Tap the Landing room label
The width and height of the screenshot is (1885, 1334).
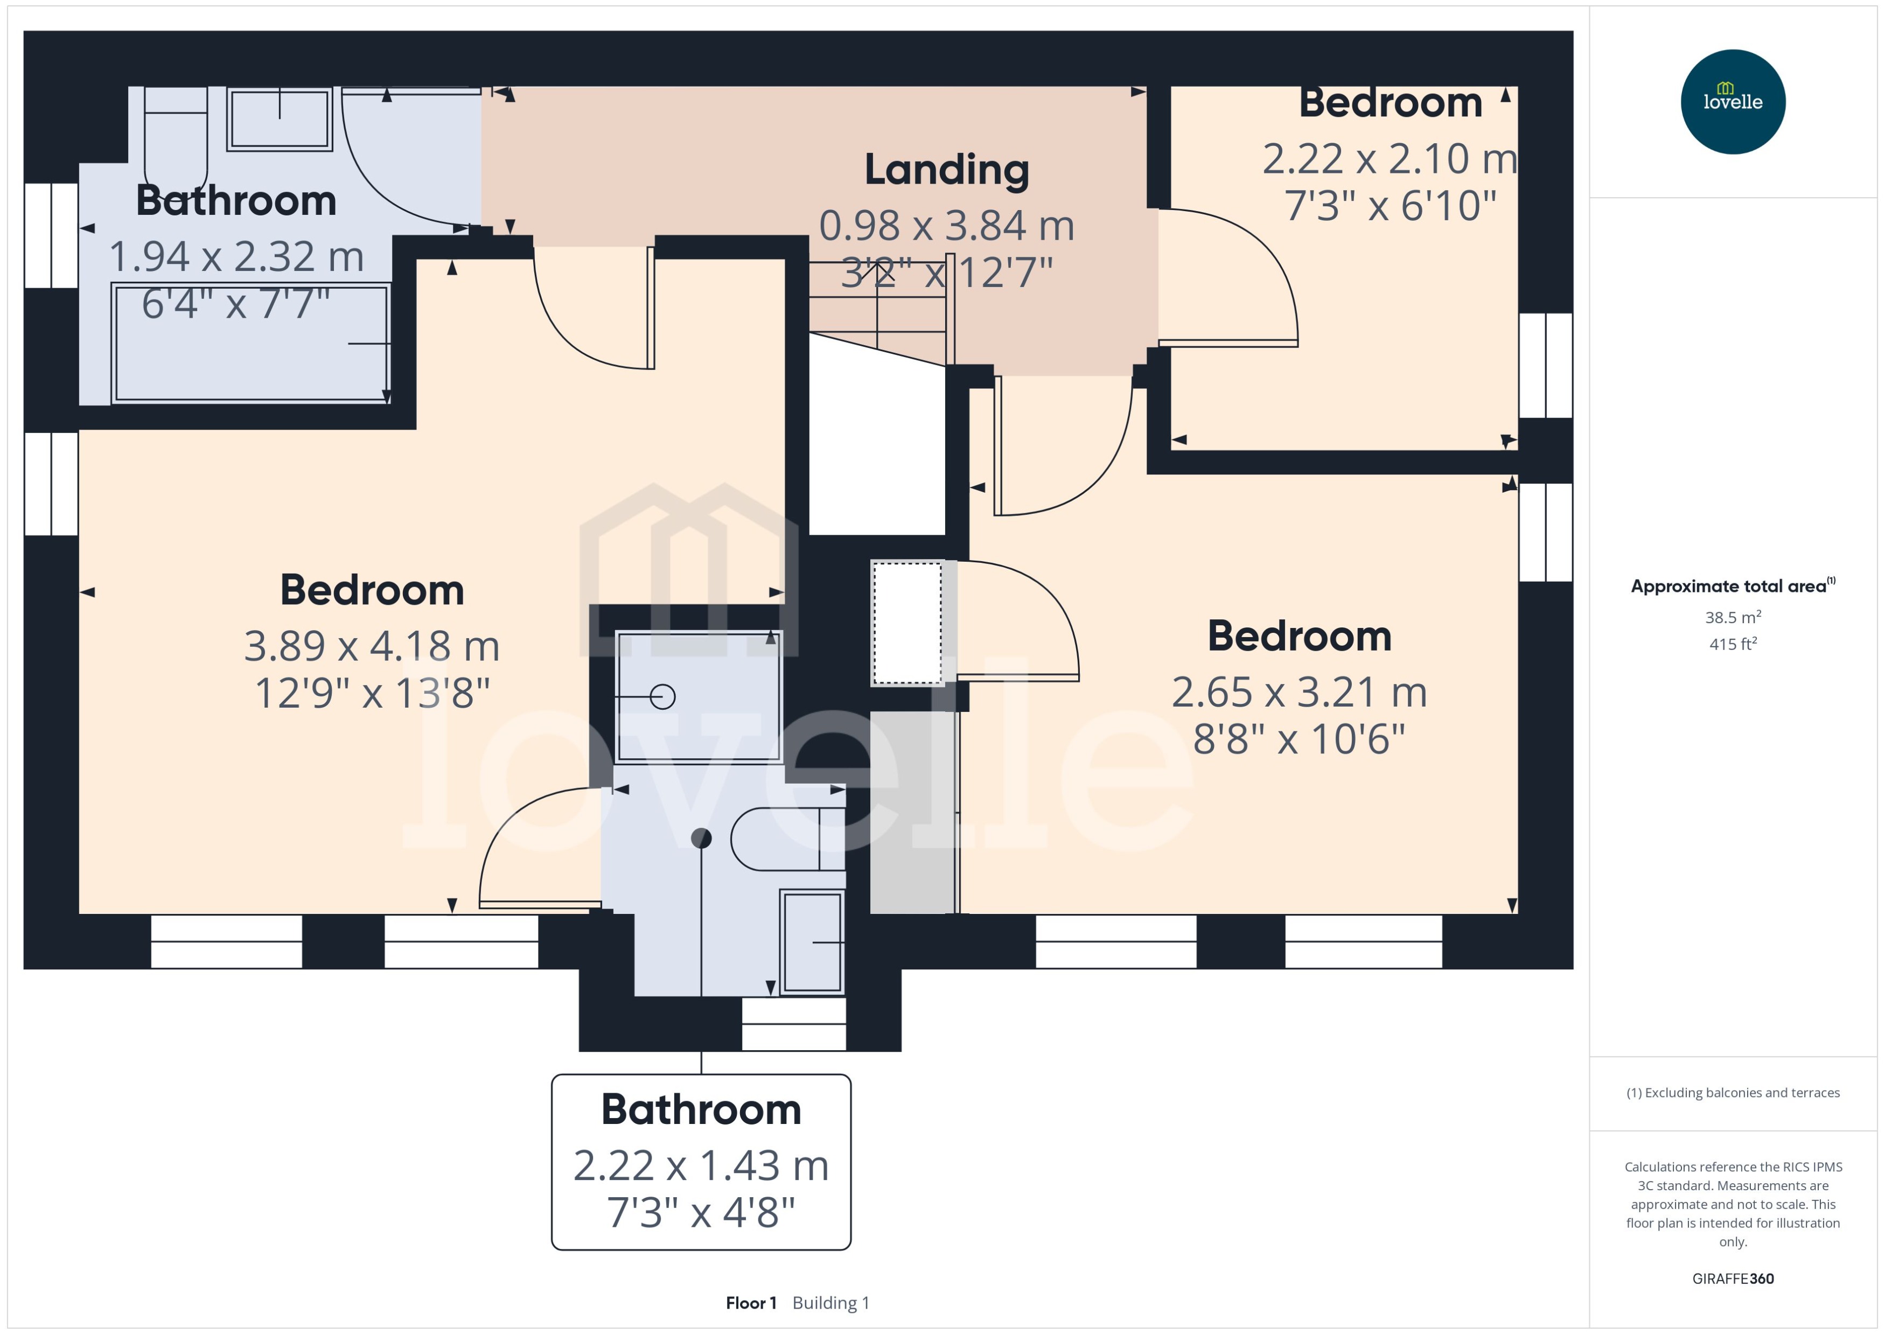tap(946, 170)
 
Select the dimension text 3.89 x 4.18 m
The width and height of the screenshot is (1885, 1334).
tap(372, 646)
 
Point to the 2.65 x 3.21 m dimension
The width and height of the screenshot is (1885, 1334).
tap(1298, 693)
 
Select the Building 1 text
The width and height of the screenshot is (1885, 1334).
tap(830, 1303)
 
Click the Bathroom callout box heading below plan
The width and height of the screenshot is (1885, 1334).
tap(701, 1110)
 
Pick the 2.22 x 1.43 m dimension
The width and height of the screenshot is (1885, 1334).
tap(701, 1165)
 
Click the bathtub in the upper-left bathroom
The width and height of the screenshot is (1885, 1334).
tap(250, 344)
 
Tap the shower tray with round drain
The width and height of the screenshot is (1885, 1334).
tap(697, 696)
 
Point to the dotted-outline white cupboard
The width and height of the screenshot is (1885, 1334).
tap(907, 623)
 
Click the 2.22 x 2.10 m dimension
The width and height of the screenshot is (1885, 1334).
tap(1390, 158)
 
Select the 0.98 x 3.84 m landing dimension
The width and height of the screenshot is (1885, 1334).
tap(946, 226)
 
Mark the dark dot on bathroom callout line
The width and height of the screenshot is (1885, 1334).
tap(701, 838)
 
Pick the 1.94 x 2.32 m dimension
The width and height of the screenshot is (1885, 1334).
tap(236, 257)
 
